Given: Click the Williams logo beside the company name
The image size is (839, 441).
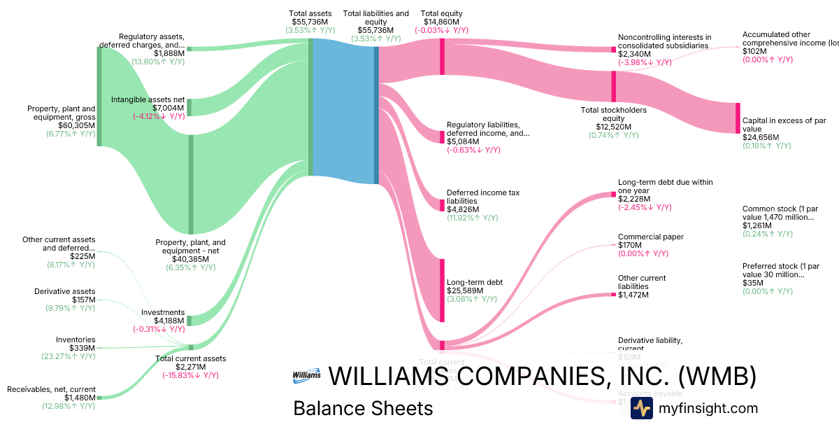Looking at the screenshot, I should click(306, 375).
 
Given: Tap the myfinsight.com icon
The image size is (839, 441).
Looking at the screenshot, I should click(641, 408).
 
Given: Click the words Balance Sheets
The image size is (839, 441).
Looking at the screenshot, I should click(363, 408).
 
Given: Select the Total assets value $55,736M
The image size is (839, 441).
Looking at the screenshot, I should click(310, 22).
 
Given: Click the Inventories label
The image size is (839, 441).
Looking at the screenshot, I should click(76, 339).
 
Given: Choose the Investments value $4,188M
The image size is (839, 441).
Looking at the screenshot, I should click(169, 321).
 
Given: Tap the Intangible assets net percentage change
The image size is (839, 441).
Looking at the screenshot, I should click(159, 116).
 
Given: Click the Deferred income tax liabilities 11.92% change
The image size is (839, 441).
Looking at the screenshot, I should click(473, 218).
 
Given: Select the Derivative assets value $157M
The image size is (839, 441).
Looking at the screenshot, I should click(83, 300).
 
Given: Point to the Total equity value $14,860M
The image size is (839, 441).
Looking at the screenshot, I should click(441, 22).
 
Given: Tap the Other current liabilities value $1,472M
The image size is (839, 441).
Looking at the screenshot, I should click(633, 295).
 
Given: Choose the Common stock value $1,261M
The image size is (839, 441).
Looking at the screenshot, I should click(757, 225).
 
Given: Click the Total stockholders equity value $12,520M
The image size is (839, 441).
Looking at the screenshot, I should click(613, 127).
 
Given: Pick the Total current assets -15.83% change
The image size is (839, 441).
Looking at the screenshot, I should click(191, 375).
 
